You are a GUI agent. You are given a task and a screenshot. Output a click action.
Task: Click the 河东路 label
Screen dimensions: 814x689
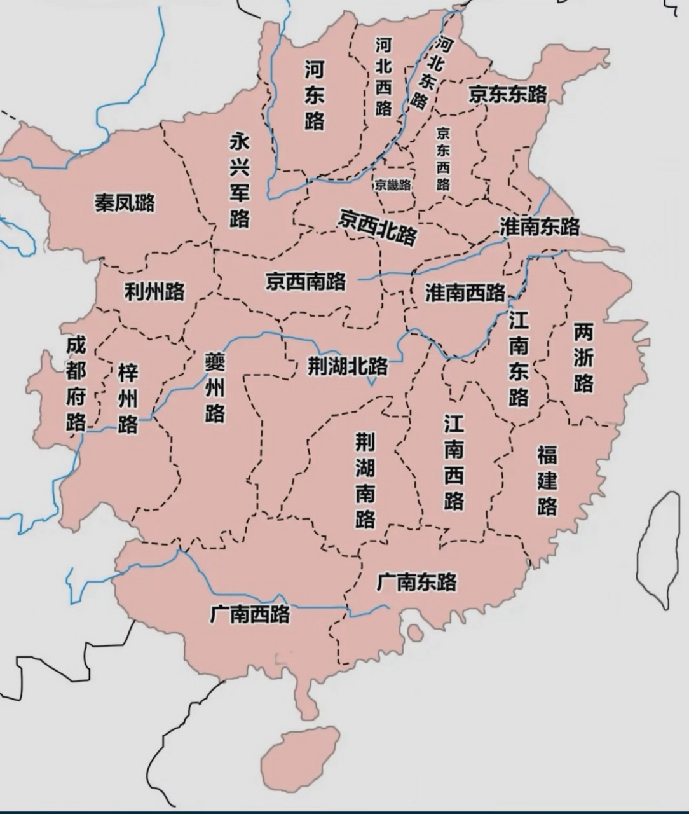click(314, 95)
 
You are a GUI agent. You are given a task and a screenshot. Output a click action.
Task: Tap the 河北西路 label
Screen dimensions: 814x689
click(383, 76)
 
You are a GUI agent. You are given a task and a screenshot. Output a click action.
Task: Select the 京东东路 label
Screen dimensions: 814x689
click(508, 94)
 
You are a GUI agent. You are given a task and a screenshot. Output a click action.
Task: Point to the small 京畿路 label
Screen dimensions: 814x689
click(393, 185)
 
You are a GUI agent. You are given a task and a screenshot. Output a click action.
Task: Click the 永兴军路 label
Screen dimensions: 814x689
click(240, 180)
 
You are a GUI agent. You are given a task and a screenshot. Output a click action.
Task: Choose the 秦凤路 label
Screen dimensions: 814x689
click(125, 203)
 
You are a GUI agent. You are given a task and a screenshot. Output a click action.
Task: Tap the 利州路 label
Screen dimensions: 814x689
click(154, 291)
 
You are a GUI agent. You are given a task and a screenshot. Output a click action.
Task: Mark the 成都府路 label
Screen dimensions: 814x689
click(76, 384)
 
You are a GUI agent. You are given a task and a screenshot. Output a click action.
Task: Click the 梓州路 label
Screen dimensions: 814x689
click(128, 398)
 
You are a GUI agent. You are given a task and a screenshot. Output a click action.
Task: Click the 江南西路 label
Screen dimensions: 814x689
click(454, 462)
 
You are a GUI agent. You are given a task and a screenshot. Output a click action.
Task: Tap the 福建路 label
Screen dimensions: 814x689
click(547, 480)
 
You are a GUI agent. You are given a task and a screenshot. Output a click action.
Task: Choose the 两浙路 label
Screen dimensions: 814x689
click(583, 358)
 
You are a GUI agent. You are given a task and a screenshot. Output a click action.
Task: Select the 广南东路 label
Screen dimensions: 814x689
click(416, 581)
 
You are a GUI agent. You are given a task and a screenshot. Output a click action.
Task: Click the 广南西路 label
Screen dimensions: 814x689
click(250, 614)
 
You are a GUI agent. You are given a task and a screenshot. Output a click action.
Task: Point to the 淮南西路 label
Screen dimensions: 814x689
click(465, 293)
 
